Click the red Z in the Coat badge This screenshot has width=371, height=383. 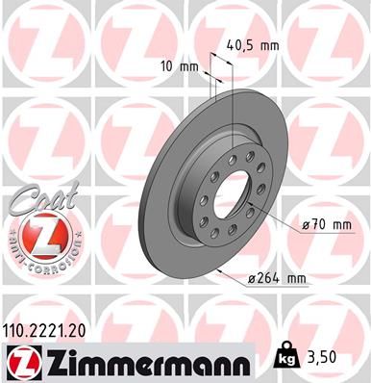[x=37, y=236]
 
